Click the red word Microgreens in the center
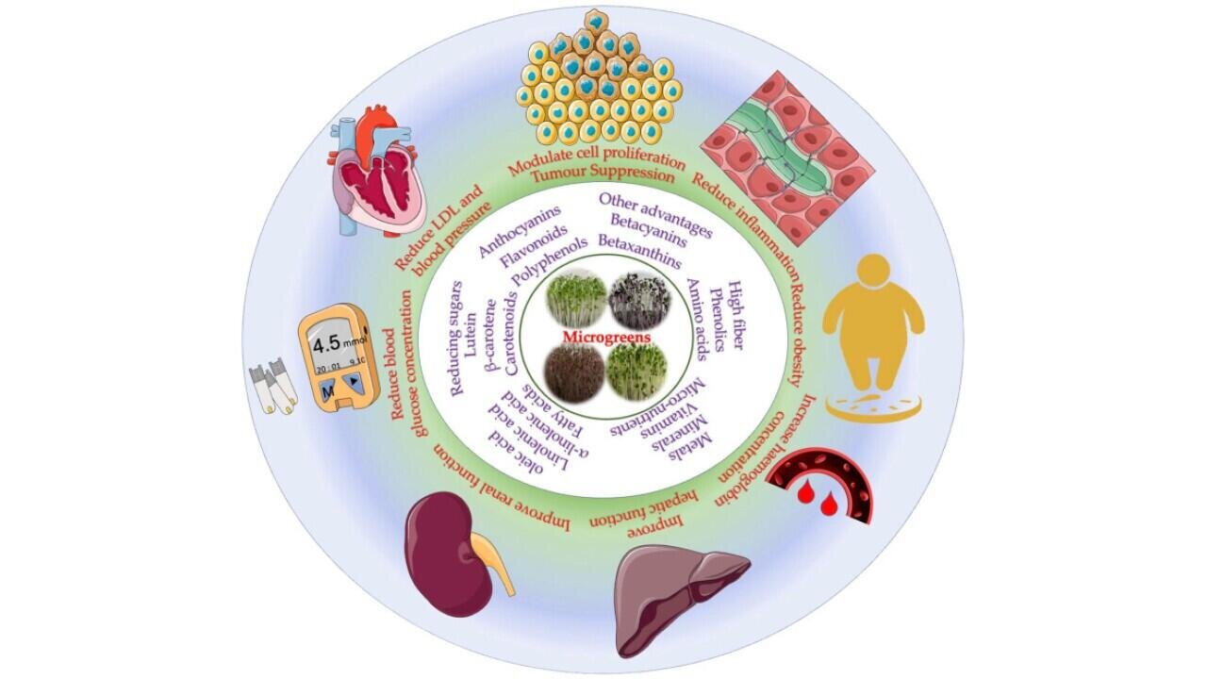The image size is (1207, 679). tap(603, 337)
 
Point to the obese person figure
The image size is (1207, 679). tap(872, 321)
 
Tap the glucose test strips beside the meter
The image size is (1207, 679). tap(273, 388)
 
